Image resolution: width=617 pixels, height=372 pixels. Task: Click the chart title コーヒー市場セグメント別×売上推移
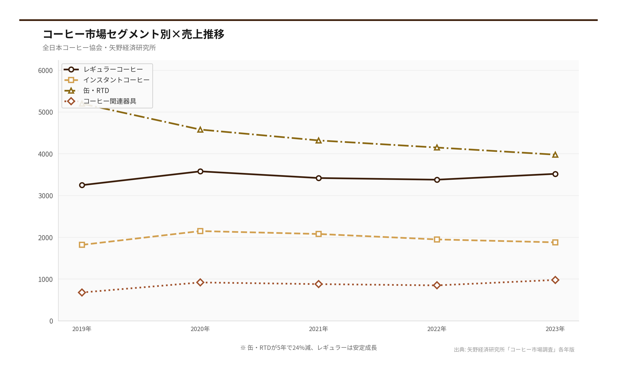tap(134, 34)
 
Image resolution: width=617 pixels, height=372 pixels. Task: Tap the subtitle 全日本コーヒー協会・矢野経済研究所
tap(99, 47)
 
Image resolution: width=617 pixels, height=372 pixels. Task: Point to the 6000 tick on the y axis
tap(45, 71)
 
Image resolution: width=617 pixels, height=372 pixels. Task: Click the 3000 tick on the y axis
tap(45, 196)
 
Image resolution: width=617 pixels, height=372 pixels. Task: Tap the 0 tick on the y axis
tap(51, 321)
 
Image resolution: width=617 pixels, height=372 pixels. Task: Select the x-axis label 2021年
tap(319, 329)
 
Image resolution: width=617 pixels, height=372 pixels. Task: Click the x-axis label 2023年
tap(555, 329)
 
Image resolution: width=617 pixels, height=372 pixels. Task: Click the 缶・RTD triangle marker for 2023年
tap(555, 155)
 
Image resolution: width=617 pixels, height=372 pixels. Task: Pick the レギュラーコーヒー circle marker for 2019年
tap(82, 185)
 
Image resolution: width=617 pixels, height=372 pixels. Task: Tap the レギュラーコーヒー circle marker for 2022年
tap(437, 180)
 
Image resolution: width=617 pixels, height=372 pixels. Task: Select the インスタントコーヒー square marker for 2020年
tap(200, 231)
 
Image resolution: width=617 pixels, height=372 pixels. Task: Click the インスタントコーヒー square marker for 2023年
tap(555, 242)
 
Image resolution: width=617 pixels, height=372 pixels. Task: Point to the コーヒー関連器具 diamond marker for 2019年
tap(82, 292)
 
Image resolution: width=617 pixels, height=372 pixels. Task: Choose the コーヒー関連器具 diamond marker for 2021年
tap(319, 284)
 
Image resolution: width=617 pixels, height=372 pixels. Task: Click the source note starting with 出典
tap(514, 349)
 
